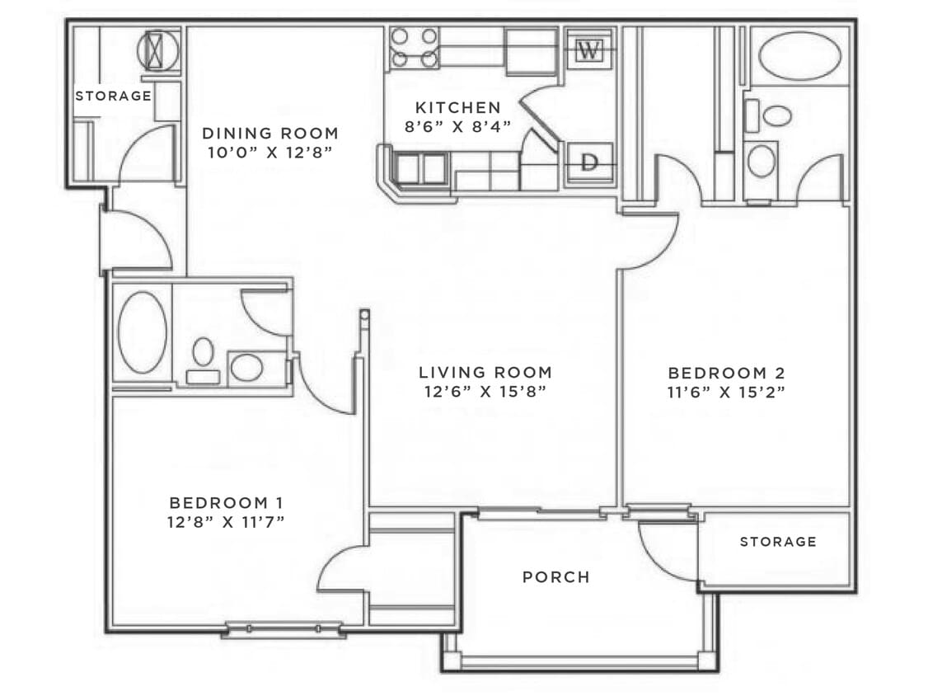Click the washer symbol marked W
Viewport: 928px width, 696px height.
click(x=588, y=50)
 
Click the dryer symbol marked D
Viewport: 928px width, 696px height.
click(x=588, y=162)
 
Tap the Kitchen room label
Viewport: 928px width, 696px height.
click(x=457, y=107)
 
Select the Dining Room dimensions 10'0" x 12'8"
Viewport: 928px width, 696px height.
click(x=270, y=153)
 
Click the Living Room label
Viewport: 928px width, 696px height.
click(x=485, y=372)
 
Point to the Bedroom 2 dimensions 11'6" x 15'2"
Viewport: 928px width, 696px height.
click(x=725, y=392)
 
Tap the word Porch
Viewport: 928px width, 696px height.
click(x=556, y=577)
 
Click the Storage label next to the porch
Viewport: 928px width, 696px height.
click(x=777, y=542)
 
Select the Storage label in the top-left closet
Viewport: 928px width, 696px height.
click(x=113, y=96)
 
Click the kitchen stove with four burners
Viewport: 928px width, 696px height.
click(x=414, y=48)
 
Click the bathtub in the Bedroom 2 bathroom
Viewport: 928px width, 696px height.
click(x=799, y=56)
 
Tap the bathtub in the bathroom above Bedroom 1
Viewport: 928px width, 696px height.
click(x=142, y=332)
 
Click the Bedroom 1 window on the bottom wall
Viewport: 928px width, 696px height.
click(x=284, y=630)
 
